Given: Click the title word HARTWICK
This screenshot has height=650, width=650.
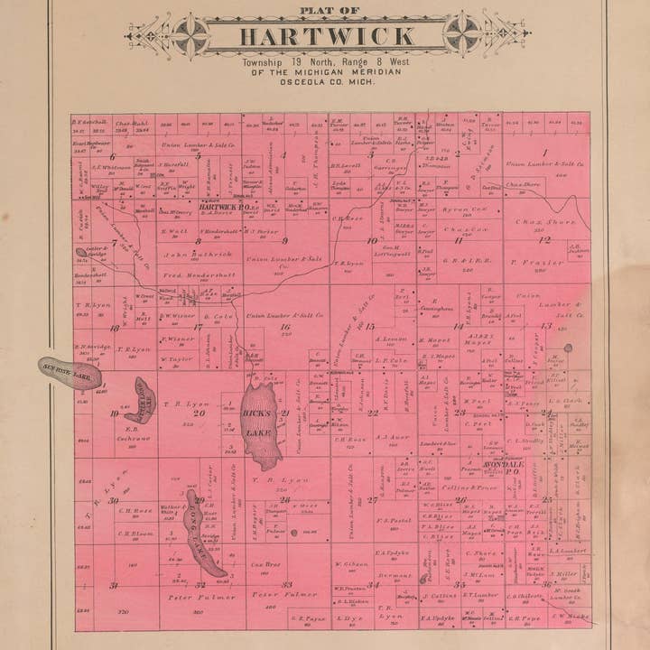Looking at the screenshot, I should (x=327, y=37).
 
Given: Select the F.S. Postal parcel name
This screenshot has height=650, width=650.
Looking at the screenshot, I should (x=394, y=519).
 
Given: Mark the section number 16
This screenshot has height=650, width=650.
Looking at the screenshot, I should (x=285, y=327).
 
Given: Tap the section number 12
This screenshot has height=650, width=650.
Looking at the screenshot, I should (x=544, y=239).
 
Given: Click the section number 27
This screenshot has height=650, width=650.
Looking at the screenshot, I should (x=372, y=499).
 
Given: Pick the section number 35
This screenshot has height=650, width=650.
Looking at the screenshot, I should (x=459, y=584).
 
